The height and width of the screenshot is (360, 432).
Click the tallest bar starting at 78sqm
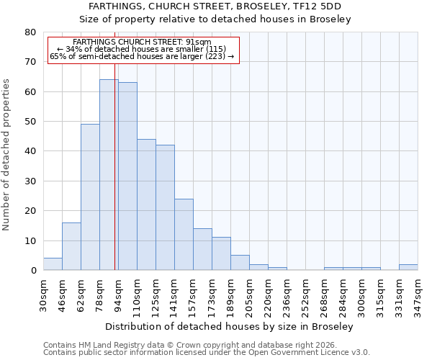click(x=108, y=175)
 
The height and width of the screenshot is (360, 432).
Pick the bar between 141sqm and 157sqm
click(x=184, y=235)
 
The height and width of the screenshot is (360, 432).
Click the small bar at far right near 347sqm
click(x=408, y=267)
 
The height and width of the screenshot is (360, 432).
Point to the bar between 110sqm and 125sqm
click(x=146, y=204)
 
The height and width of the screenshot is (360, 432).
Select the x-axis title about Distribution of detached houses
click(x=234, y=326)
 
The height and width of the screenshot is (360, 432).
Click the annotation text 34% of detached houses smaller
click(x=142, y=49)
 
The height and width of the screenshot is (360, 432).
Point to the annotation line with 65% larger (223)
click(x=142, y=56)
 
